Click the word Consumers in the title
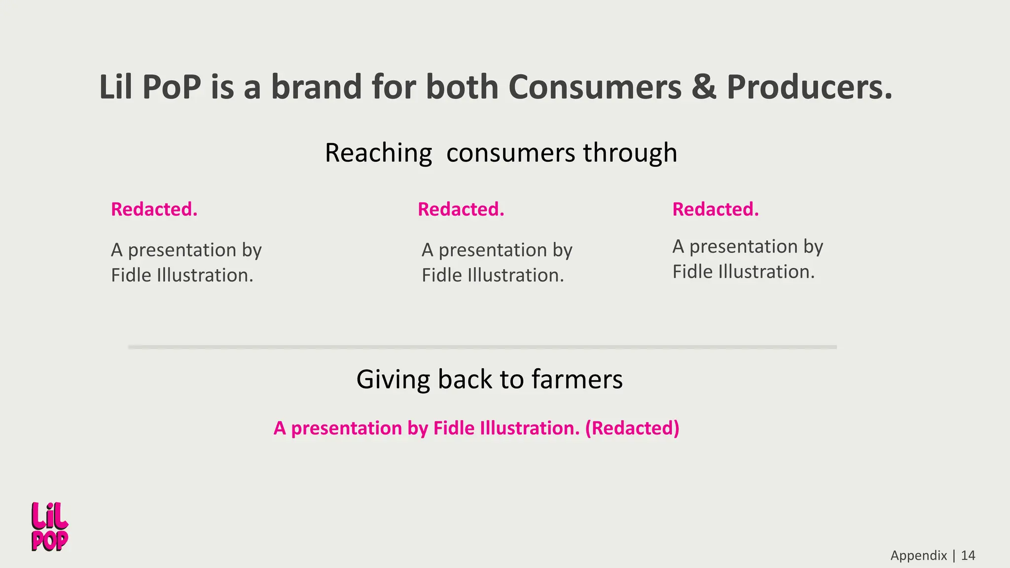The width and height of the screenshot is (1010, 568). point(595,87)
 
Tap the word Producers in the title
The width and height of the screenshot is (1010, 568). point(809,87)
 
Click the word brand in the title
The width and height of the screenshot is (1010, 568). point(317,87)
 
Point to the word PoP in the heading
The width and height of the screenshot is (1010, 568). point(171,87)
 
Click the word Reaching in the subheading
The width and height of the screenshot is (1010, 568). point(378,153)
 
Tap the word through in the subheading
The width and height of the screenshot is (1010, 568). point(630,153)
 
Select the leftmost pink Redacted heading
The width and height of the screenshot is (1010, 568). point(154,210)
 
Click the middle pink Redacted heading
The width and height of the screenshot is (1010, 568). point(461,210)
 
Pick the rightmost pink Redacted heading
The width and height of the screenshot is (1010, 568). point(715,210)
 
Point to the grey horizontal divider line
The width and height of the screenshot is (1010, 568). point(482,347)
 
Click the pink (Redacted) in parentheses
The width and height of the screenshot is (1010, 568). point(632,428)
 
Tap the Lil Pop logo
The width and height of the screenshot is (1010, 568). point(49,527)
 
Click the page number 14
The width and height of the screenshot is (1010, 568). point(968,556)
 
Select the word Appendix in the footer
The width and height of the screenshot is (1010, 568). point(918,556)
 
